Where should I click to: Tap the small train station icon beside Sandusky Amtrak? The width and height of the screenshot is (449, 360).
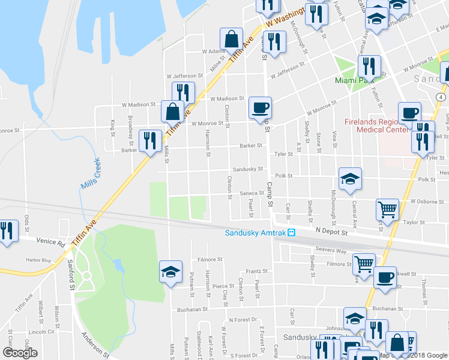(x=291, y=233)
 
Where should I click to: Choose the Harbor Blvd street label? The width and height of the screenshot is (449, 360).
(x=38, y=260)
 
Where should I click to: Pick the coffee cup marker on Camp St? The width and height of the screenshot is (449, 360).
(x=260, y=108)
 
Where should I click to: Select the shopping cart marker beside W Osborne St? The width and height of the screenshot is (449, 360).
(x=388, y=210)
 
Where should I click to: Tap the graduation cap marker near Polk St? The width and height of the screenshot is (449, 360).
(x=350, y=179)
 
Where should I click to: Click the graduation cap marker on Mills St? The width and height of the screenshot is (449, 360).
(x=170, y=272)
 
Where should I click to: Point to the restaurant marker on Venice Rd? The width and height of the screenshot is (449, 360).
(x=6, y=230)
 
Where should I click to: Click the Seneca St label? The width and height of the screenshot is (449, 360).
(x=253, y=193)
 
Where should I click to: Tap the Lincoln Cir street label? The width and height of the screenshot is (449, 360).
(x=41, y=332)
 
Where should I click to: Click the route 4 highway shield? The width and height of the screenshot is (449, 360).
(x=441, y=96)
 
